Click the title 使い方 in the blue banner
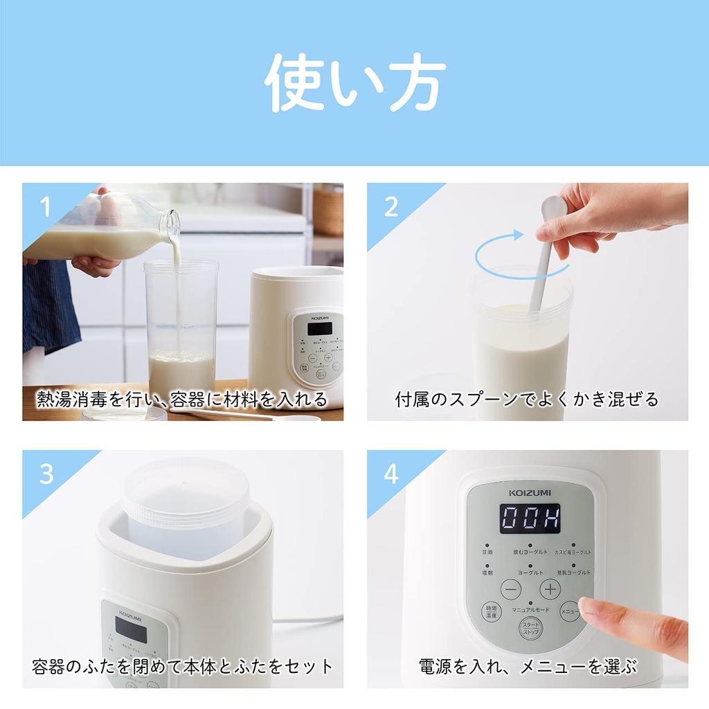coord(354,84)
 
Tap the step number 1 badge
coord(46,206)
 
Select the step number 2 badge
coord(391,206)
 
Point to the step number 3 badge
coord(46,474)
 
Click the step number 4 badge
coord(391,474)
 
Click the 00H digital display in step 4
coord(530,518)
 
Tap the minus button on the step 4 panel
coord(511,589)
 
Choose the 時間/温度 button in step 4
coord(491,612)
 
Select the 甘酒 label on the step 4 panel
coord(487,552)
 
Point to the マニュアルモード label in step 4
coord(530,609)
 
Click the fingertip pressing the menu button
coord(589,608)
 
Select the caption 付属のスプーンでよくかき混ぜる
coord(527,400)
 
